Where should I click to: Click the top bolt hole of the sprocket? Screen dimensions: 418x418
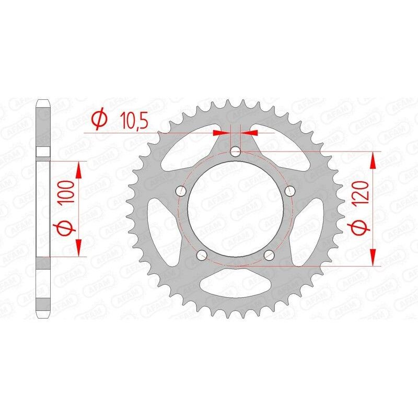pos(236,152)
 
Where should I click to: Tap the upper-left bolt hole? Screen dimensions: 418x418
pos(181,190)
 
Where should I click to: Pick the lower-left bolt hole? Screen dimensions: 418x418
pos(202,254)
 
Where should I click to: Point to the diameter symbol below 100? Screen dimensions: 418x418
pos(63,229)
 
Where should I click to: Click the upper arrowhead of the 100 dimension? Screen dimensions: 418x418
pos(79,168)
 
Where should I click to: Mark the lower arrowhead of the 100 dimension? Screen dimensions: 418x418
pos(79,250)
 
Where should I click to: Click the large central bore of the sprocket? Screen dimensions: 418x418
pos(236,209)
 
